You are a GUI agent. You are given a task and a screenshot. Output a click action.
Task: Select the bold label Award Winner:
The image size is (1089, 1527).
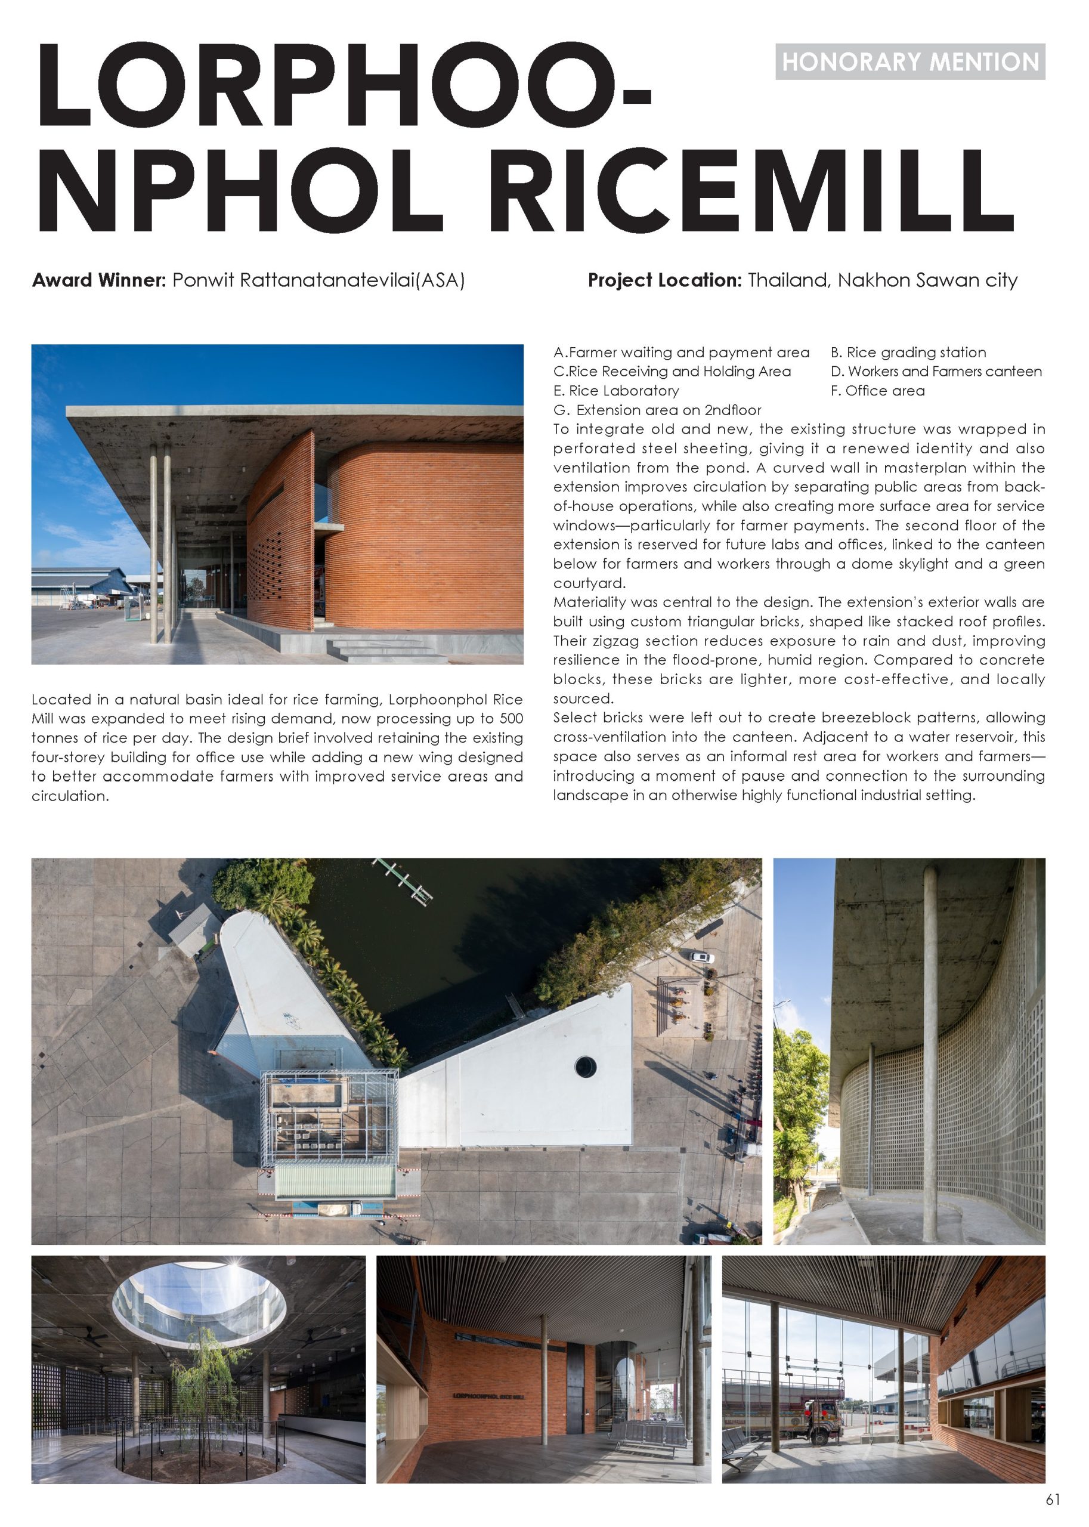pos(98,280)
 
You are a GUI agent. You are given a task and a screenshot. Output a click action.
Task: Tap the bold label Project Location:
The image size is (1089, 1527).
pos(664,280)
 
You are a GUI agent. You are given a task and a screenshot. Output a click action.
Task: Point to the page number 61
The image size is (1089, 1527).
pos(1053,1500)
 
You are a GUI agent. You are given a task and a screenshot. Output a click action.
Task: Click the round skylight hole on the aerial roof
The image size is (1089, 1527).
pos(586,1064)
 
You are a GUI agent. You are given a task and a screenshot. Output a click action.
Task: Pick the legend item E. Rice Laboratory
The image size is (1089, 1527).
pos(616,391)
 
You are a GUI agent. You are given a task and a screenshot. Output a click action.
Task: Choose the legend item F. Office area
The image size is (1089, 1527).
pos(877,391)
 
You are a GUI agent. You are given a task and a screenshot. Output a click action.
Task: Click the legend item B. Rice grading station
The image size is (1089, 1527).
pos(908,353)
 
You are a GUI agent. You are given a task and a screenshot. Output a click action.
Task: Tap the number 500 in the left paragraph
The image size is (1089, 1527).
pos(512,719)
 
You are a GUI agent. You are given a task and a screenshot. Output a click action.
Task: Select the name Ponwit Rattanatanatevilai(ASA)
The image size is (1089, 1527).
pos(318,280)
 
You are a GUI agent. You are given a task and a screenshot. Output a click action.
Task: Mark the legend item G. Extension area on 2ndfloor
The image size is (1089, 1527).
pos(657,410)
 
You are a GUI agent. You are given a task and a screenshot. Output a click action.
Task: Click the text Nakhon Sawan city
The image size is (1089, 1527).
pos(927,280)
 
